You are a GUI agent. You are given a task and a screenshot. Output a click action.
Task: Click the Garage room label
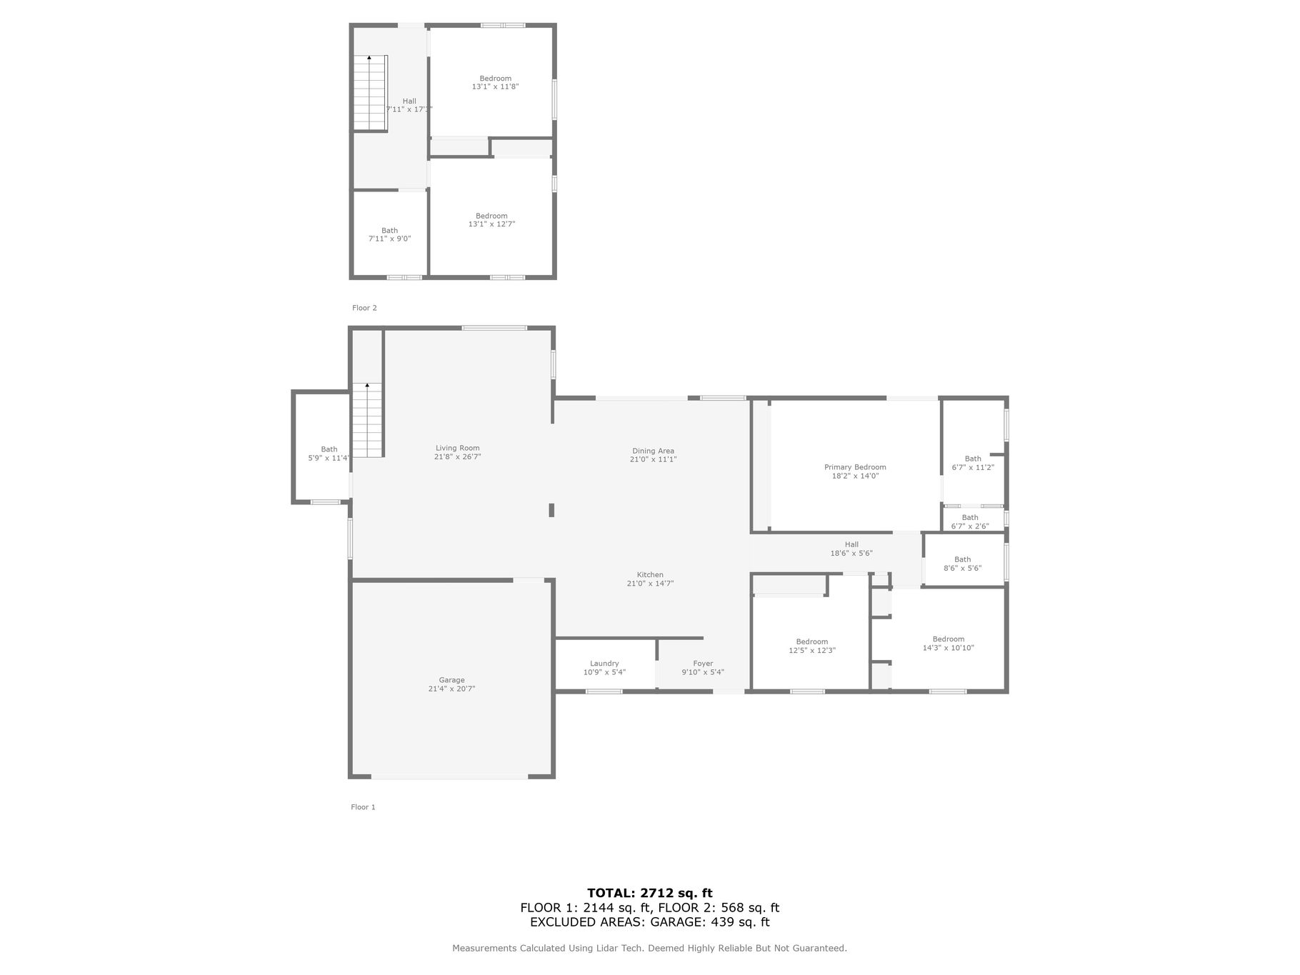point(451,681)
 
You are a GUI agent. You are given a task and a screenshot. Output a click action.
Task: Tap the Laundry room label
point(604,664)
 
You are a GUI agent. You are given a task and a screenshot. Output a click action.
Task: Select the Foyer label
point(703,664)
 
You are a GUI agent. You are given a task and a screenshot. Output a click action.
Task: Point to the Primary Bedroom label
point(855,467)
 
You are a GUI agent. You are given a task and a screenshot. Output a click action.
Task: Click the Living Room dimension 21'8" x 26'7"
point(458,457)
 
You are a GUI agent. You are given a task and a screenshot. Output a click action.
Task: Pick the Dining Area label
point(653,451)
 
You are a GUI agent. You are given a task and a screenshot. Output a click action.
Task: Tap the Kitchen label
point(650,575)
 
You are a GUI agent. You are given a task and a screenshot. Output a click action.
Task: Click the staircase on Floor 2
point(370,93)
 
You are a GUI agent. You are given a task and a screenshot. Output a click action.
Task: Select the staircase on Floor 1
point(367,420)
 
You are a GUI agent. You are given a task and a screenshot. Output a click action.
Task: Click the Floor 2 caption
point(364,308)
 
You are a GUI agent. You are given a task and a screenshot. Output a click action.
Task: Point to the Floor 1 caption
point(363,807)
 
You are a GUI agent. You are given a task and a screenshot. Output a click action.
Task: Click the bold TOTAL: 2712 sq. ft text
point(650,893)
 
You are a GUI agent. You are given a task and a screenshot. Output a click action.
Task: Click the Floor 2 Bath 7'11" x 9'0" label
point(389,234)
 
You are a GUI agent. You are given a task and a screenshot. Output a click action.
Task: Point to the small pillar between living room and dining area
point(551,510)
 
